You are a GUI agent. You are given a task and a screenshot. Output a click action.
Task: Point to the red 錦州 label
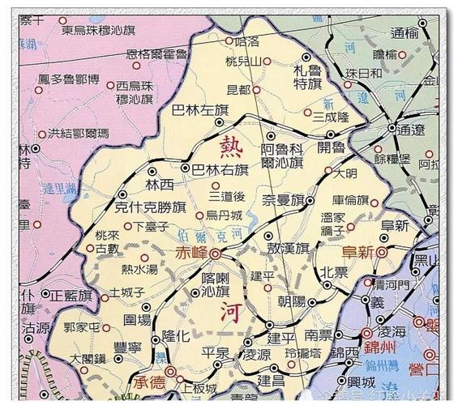pyautogui.click(x=379, y=348)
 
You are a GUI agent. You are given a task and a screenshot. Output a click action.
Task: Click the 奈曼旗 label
pyautogui.click(x=283, y=199)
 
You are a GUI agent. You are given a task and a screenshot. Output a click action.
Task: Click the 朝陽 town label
pyautogui.click(x=291, y=301)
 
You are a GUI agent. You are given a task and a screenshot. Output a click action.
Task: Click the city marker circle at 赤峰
pyautogui.click(x=216, y=254)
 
